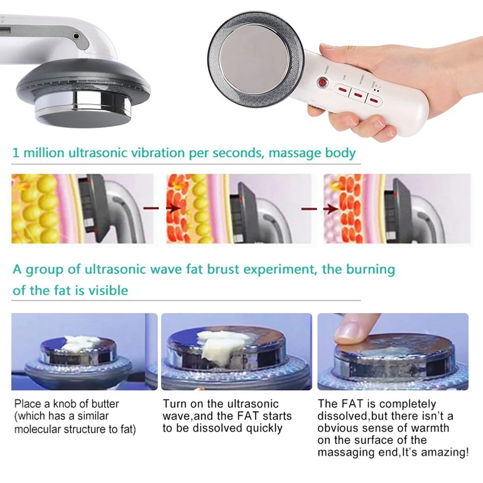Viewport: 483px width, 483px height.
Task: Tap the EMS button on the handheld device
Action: pos(341,89)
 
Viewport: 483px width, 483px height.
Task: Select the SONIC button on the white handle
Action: pos(375,99)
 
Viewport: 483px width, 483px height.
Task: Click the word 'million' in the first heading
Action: pos(43,154)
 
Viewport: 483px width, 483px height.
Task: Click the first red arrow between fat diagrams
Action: pos(155,208)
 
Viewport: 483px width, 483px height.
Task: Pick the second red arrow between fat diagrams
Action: pos(313,209)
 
